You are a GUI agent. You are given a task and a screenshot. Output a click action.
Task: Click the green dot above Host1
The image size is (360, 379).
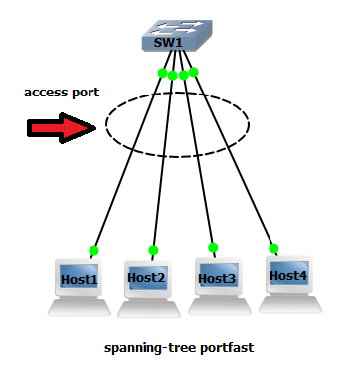94,250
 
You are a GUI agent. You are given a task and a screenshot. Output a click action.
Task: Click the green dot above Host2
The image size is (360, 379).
153,250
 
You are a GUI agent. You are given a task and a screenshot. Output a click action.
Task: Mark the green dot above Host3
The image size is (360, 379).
212,246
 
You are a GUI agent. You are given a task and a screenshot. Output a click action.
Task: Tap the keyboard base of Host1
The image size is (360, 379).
79,307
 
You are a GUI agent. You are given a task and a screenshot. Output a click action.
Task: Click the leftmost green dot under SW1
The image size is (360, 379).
162,73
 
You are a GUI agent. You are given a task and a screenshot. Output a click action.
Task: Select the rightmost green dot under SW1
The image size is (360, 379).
194,72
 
